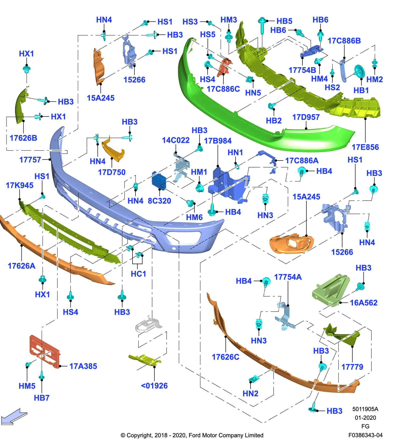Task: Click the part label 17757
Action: (x=30, y=160)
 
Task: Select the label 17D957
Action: (x=306, y=117)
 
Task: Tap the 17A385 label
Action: (x=83, y=366)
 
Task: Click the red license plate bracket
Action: (x=45, y=351)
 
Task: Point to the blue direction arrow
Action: (x=14, y=417)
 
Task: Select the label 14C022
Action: (x=176, y=140)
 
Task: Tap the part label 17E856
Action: (x=365, y=147)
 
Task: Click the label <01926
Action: (x=154, y=386)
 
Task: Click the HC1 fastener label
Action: (x=138, y=274)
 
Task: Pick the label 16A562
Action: (x=364, y=303)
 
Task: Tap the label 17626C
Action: (x=226, y=357)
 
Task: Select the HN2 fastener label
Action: (x=251, y=394)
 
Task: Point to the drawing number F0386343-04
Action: (x=365, y=435)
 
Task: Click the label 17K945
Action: (x=20, y=185)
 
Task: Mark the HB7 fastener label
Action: (x=42, y=398)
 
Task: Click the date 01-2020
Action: (x=365, y=418)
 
